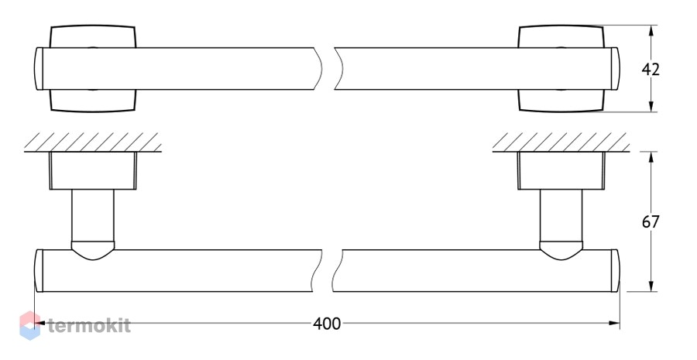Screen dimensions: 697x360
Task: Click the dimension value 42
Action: [x=651, y=70]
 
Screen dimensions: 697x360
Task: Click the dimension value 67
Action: [x=651, y=221]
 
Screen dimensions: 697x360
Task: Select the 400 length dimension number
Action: [x=327, y=324]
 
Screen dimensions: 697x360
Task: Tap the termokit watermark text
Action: [x=89, y=326]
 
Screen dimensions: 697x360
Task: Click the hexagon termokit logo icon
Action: [x=29, y=325]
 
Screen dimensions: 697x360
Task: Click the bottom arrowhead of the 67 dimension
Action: [x=651, y=286]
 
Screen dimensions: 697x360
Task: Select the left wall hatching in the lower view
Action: [x=92, y=142]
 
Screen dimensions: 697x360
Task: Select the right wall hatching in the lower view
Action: [x=561, y=142]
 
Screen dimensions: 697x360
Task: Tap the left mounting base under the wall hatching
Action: [x=93, y=170]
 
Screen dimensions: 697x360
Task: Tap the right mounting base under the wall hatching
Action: [x=561, y=170]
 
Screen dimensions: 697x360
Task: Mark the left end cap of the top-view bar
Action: [x=38, y=69]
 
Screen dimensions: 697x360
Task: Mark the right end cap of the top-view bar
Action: [x=615, y=69]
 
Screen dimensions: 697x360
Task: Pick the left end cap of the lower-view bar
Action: [x=39, y=271]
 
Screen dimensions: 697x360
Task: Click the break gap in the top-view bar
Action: [x=328, y=69]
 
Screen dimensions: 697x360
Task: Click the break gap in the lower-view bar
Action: [x=328, y=271]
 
